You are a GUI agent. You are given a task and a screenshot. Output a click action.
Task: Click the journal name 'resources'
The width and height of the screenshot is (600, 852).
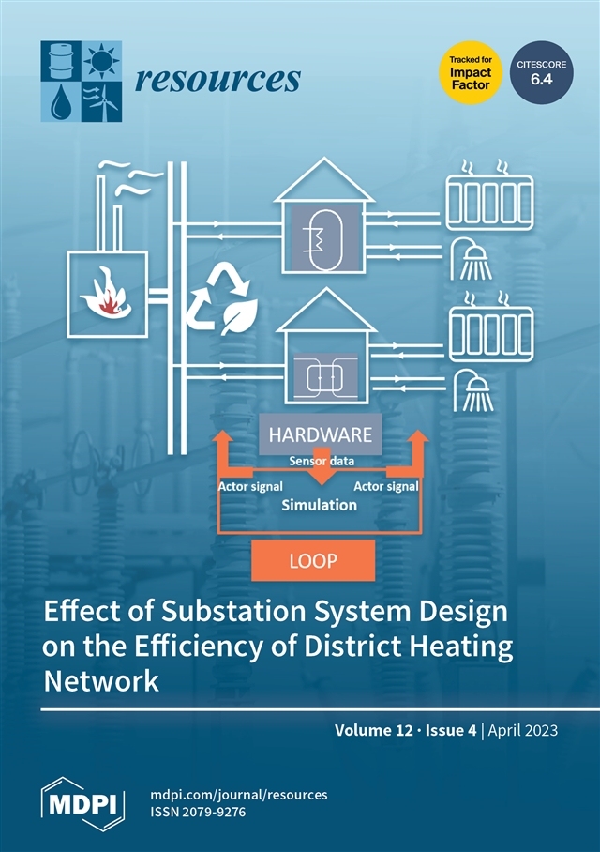pos(217,80)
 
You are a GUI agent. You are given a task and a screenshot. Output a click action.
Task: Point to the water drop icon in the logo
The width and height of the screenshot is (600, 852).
pos(59,101)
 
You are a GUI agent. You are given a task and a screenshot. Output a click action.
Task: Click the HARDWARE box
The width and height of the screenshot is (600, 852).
pos(320,435)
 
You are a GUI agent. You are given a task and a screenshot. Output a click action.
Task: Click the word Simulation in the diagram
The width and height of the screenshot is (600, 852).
pos(320,505)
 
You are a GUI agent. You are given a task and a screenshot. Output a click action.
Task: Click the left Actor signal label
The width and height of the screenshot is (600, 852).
pos(250,486)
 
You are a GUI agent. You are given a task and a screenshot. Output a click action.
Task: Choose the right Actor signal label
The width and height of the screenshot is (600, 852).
pos(385,486)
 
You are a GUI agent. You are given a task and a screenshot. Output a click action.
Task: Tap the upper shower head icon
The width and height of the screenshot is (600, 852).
pos(472,256)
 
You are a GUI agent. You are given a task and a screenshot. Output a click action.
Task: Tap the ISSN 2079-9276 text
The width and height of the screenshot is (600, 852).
pos(198,813)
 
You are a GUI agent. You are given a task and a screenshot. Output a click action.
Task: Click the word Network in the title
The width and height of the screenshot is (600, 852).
pos(101,681)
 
